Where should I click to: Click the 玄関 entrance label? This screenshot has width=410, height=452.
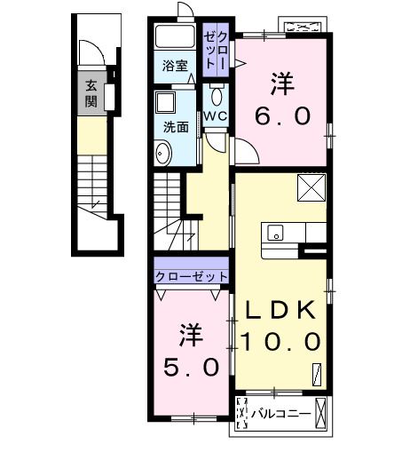click(x=91, y=93)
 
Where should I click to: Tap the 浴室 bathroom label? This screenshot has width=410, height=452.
click(x=175, y=66)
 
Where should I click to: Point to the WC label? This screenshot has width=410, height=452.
click(x=217, y=117)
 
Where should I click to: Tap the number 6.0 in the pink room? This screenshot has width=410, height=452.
click(x=283, y=116)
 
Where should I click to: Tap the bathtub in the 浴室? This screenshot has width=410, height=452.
click(x=175, y=38)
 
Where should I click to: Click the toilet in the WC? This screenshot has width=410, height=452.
click(x=217, y=95)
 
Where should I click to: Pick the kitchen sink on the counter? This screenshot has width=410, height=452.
click(x=275, y=234)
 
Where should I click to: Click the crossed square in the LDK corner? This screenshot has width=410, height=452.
click(x=313, y=187)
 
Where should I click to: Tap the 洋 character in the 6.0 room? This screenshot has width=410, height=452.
click(x=283, y=84)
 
